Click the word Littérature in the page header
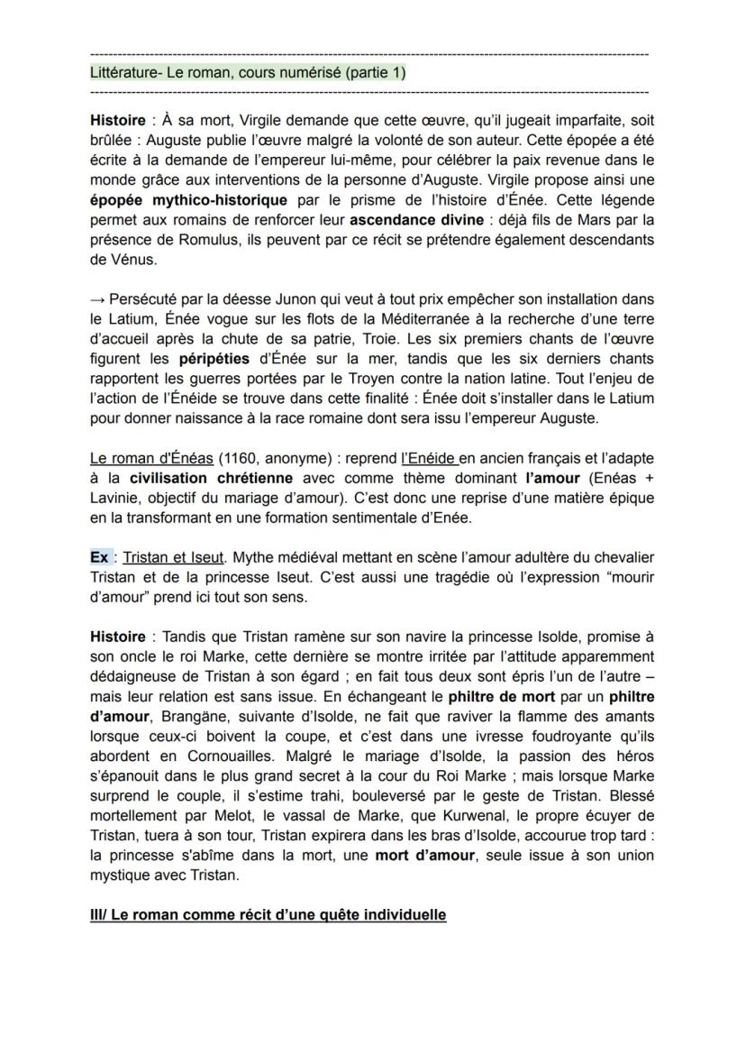124,73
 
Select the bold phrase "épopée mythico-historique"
189,199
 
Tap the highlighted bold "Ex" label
99,557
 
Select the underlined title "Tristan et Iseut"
173,557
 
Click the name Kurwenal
424,815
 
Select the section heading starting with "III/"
268,914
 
